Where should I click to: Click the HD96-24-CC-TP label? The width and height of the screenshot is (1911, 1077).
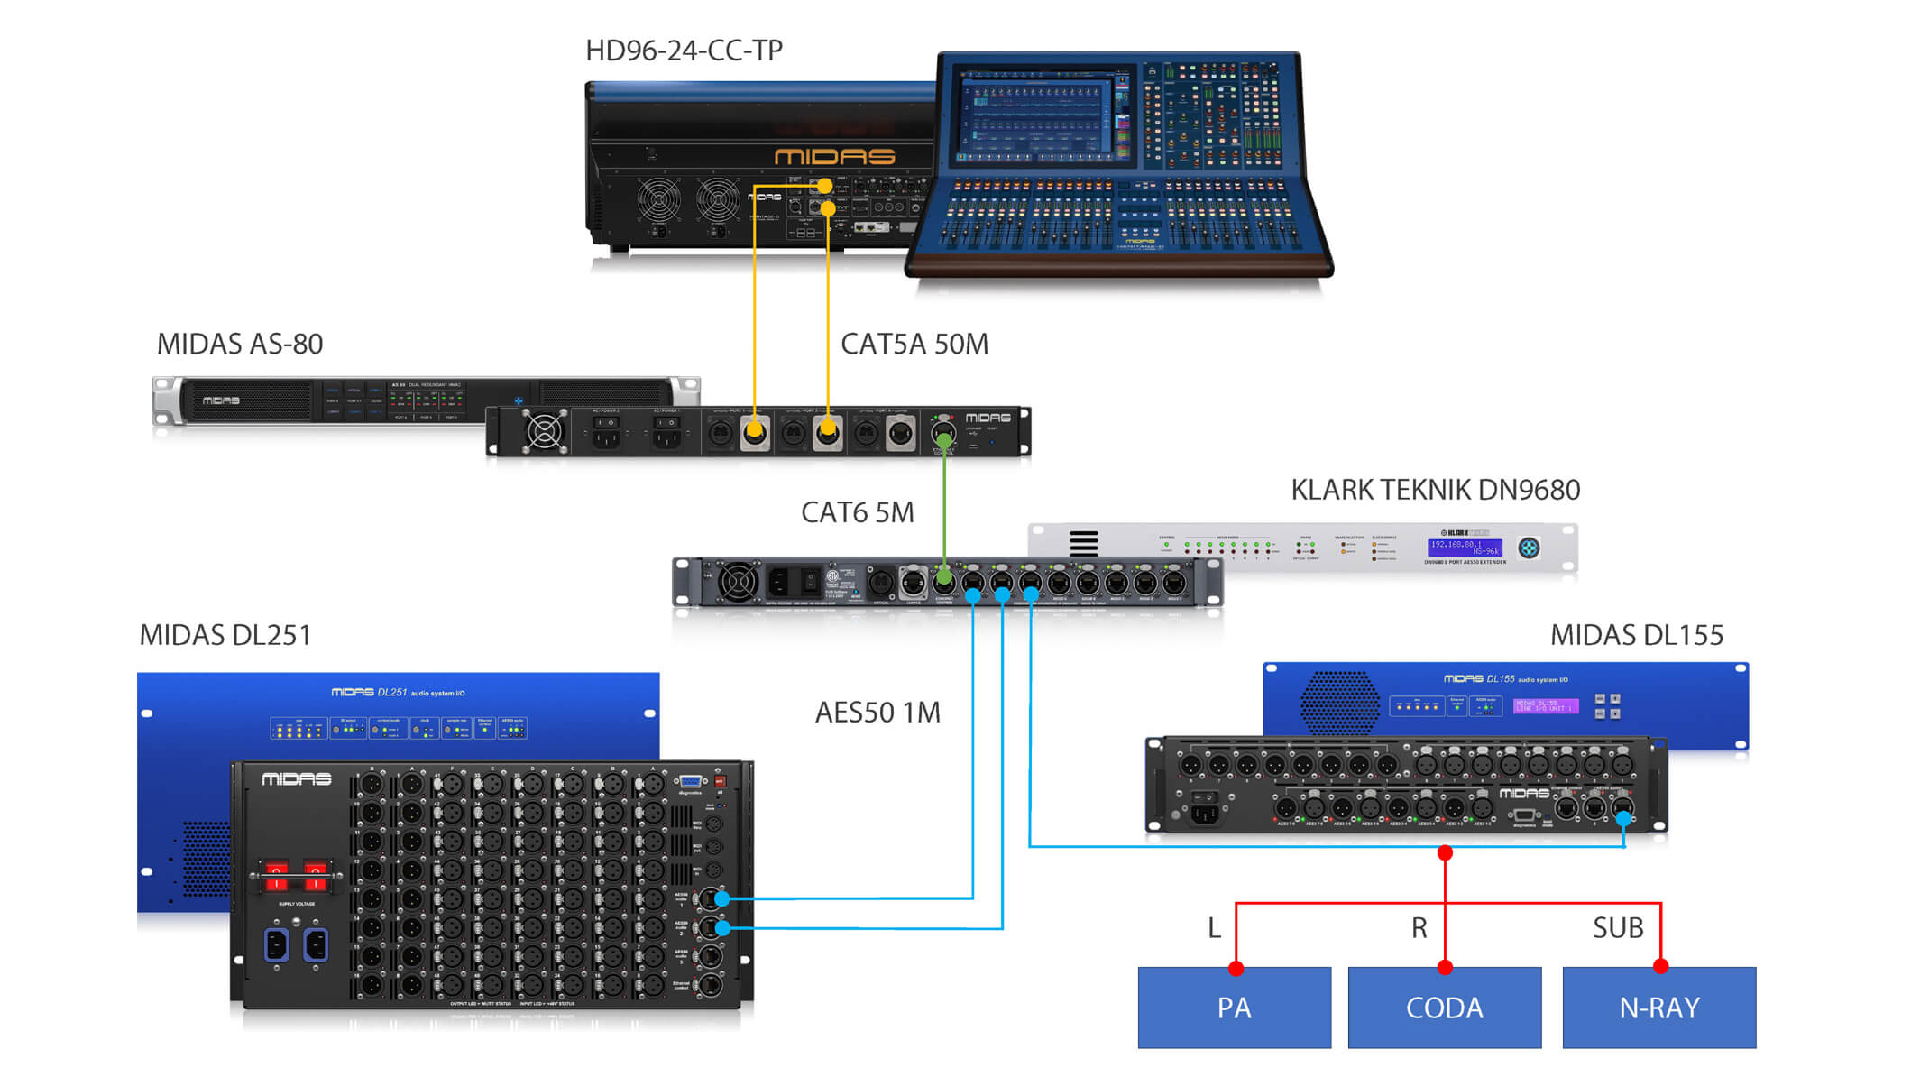(684, 51)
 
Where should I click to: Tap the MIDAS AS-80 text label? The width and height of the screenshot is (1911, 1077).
(239, 344)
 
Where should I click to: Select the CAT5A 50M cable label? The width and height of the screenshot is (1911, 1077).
(914, 344)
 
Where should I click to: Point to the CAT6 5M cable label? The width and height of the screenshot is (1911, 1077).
(857, 512)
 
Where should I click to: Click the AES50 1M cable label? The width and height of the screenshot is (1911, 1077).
(877, 713)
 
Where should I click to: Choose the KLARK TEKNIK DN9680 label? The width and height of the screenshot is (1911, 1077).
(1435, 490)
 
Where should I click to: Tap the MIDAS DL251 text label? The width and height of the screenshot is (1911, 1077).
(225, 635)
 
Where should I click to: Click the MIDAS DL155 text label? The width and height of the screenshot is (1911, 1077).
(1636, 635)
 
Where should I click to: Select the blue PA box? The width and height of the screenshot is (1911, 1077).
(1234, 1008)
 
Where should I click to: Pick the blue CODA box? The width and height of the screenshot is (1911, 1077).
(1444, 1008)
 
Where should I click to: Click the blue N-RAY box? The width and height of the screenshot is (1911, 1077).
(1658, 1008)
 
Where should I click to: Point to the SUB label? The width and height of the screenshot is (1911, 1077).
(1618, 928)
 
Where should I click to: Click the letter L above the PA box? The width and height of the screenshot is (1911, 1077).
(1214, 928)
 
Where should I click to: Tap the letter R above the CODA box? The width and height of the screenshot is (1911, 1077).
(1419, 928)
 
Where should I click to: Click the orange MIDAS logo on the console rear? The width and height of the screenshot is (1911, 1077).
(834, 157)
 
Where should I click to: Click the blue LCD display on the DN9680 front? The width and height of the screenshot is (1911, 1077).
(1464, 548)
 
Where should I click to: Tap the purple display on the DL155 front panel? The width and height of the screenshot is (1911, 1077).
(1545, 705)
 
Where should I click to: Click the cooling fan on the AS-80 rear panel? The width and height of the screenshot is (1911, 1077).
(545, 431)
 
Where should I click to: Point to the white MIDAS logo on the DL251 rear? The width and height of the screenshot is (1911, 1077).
(296, 779)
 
